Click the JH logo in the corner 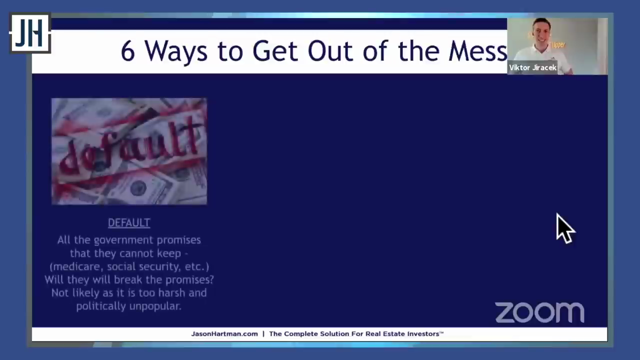click(x=30, y=33)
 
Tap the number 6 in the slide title click(x=127, y=51)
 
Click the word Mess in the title click(x=477, y=51)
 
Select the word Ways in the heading click(x=176, y=51)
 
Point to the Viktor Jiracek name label click(x=532, y=67)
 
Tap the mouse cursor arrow click(x=565, y=228)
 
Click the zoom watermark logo click(x=539, y=312)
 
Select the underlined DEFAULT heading click(x=129, y=223)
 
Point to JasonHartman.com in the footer click(x=224, y=333)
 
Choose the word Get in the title click(x=275, y=51)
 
